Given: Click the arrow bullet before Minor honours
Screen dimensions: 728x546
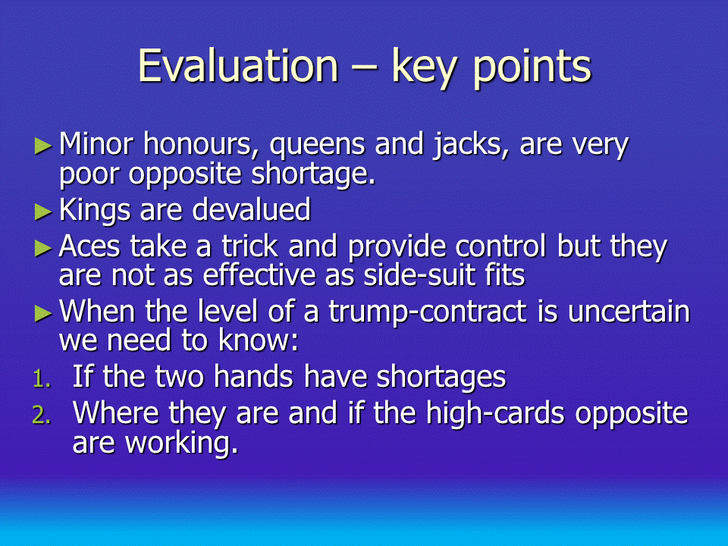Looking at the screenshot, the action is pyautogui.click(x=43, y=146).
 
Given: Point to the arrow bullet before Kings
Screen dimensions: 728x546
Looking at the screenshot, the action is pyautogui.click(x=43, y=212).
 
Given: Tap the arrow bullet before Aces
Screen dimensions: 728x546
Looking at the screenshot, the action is pyautogui.click(x=43, y=249).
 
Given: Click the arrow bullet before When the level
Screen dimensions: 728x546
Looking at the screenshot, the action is pyautogui.click(x=43, y=313).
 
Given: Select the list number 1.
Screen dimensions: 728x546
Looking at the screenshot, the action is pyautogui.click(x=42, y=379).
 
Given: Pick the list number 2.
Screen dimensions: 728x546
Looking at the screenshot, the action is pyautogui.click(x=42, y=415).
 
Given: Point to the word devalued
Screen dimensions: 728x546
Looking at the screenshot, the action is pyautogui.click(x=251, y=209).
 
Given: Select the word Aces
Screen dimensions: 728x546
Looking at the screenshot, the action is pyautogui.click(x=89, y=246).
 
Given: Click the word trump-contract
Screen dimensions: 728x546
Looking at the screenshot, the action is pyautogui.click(x=428, y=313).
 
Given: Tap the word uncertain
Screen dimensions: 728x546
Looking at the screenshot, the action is pyautogui.click(x=629, y=312).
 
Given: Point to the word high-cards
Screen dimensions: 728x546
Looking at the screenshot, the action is pyautogui.click(x=495, y=413).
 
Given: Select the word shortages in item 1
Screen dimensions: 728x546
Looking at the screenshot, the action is pyautogui.click(x=441, y=378).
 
